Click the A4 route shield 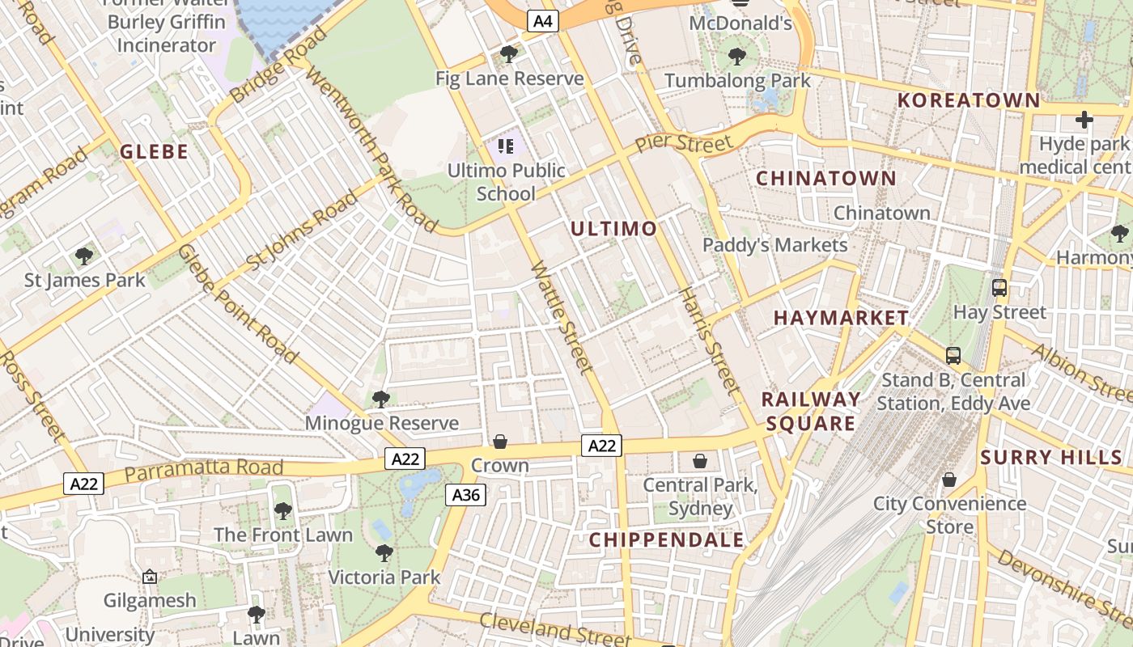click(543, 21)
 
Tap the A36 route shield click(466, 494)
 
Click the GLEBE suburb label click(154, 151)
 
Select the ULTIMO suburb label click(613, 229)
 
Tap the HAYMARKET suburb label click(841, 318)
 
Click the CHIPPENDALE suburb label click(666, 540)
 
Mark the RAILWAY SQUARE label click(811, 411)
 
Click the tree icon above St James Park click(83, 256)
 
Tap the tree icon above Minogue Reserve click(380, 399)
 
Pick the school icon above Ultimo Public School click(506, 146)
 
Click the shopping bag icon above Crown click(500, 442)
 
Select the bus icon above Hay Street click(999, 287)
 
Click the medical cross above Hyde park click(1084, 121)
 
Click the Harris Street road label click(710, 341)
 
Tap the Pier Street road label click(683, 143)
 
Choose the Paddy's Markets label click(774, 245)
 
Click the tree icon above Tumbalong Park click(736, 56)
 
